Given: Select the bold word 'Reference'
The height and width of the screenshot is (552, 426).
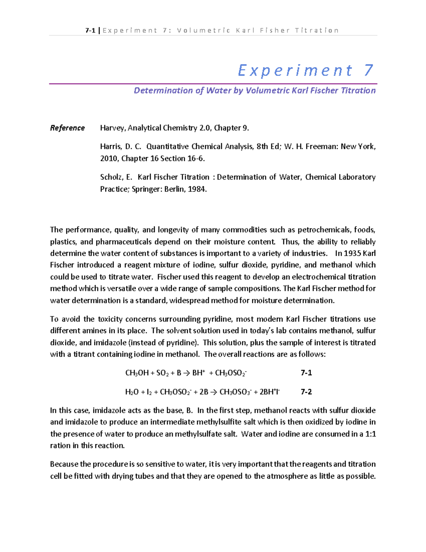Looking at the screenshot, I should [x=67, y=128].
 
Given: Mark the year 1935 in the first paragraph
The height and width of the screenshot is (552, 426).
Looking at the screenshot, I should [x=353, y=253].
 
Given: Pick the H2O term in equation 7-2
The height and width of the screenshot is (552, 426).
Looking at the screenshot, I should [x=132, y=392].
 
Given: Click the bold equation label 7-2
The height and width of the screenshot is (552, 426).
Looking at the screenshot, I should [x=306, y=392].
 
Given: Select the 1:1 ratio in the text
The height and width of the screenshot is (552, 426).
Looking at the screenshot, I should [x=370, y=434].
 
